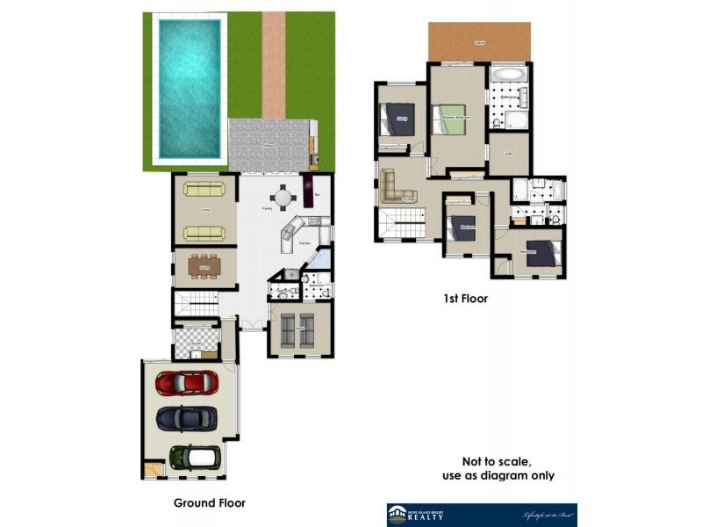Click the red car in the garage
point(187,383)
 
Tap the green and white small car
point(194,457)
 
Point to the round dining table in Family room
point(282,197)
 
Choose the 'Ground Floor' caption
point(210,503)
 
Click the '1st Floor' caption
point(465,299)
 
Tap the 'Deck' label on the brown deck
point(479,41)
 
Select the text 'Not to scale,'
point(497,462)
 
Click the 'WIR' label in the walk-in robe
point(508,155)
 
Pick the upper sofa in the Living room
point(204,188)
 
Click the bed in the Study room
point(396,120)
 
